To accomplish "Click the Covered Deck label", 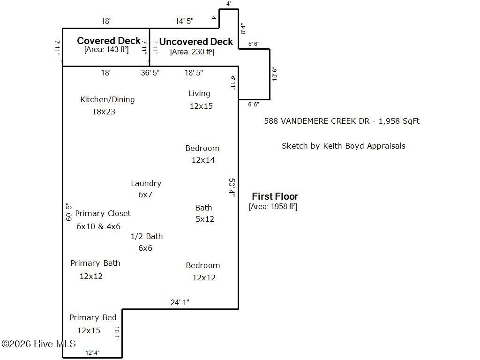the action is (x=109, y=41).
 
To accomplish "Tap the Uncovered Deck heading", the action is (x=196, y=42).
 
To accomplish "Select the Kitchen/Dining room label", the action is (x=107, y=99).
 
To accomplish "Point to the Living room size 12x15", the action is (x=201, y=106).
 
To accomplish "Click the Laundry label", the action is (x=146, y=183).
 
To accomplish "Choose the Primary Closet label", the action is (x=103, y=213).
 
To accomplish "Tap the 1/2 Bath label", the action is (x=147, y=236).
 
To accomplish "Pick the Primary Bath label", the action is (x=95, y=263).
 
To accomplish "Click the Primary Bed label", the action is (x=93, y=317).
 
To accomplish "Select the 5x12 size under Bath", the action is (x=205, y=219).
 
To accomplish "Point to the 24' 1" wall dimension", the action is (x=180, y=302).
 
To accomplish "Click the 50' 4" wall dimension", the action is (x=232, y=187).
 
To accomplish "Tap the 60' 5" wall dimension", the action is (x=68, y=211).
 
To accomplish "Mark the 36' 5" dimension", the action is (x=150, y=73).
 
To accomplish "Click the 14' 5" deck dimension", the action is (x=184, y=21).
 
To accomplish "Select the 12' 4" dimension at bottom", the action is (x=92, y=353).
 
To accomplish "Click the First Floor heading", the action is (x=275, y=196).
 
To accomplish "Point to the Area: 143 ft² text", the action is (x=106, y=50).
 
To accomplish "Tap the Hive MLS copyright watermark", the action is (x=38, y=344).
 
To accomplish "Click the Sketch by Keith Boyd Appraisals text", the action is (x=344, y=146).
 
